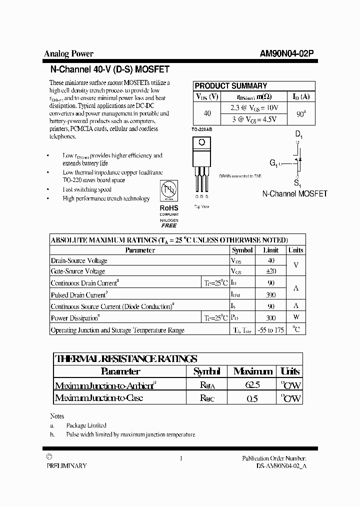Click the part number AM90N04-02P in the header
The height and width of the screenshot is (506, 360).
click(287, 54)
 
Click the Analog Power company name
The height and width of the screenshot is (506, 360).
click(68, 54)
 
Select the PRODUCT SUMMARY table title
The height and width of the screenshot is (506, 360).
click(230, 85)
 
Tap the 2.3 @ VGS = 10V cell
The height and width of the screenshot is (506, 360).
click(254, 107)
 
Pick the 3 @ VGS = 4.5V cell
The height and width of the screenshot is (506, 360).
click(254, 119)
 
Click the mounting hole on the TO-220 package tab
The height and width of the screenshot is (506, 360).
click(201, 142)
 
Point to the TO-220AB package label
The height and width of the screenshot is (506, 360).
click(202, 129)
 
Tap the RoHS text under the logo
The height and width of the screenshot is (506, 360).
click(169, 207)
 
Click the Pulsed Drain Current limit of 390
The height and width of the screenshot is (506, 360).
click(270, 295)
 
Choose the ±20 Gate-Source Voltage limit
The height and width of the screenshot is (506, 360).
click(270, 271)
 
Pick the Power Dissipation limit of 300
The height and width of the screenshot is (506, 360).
click(270, 318)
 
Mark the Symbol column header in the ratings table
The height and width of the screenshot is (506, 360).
click(242, 250)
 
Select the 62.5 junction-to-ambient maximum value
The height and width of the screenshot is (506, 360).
click(252, 385)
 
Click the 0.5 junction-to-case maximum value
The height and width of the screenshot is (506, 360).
click(252, 398)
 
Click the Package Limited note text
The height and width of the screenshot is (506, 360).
click(86, 425)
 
